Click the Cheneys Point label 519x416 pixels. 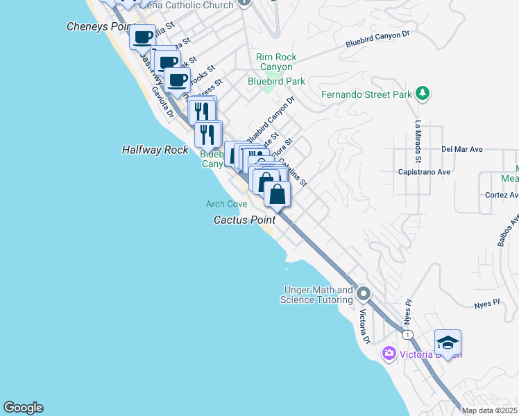click(97, 26)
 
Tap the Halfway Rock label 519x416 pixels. click(155, 150)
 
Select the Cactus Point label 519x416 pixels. click(244, 220)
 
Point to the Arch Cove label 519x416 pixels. click(226, 204)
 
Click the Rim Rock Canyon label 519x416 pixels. click(276, 62)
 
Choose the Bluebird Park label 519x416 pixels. click(276, 81)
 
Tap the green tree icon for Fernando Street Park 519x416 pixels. click(422, 94)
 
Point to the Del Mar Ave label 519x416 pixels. click(461, 149)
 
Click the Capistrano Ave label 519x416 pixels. click(425, 171)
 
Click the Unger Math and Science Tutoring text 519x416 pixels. click(316, 295)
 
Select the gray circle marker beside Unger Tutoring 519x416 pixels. click(363, 295)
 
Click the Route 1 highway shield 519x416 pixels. click(407, 335)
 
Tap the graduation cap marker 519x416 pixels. click(448, 343)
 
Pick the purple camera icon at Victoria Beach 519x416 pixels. click(389, 354)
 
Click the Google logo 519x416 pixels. click(23, 408)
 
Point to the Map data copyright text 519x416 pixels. click(489, 410)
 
